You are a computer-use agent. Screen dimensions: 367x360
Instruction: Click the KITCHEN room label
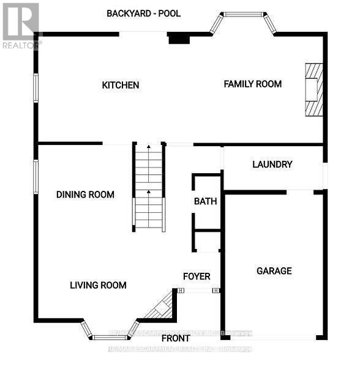pyautogui.click(x=121, y=85)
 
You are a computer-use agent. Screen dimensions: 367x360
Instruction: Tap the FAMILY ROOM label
pyautogui.click(x=252, y=84)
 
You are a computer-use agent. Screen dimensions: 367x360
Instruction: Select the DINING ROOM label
pyautogui.click(x=85, y=195)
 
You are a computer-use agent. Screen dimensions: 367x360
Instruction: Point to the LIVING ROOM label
pyautogui.click(x=98, y=285)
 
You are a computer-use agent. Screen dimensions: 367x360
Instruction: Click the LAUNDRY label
pyautogui.click(x=272, y=165)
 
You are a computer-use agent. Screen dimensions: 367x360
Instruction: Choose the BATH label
pyautogui.click(x=206, y=201)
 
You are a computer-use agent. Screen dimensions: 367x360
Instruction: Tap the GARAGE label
pyautogui.click(x=274, y=271)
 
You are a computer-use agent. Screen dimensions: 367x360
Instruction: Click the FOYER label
pyautogui.click(x=197, y=276)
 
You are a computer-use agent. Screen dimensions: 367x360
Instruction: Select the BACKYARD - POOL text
pyautogui.click(x=144, y=13)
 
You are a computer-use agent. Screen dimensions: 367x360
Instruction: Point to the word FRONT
pyautogui.click(x=175, y=338)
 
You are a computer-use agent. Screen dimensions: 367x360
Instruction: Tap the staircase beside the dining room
pyautogui.click(x=149, y=187)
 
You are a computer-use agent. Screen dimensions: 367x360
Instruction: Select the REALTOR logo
pyautogui.click(x=20, y=25)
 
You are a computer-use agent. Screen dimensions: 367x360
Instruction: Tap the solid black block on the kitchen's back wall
pyautogui.click(x=179, y=38)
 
